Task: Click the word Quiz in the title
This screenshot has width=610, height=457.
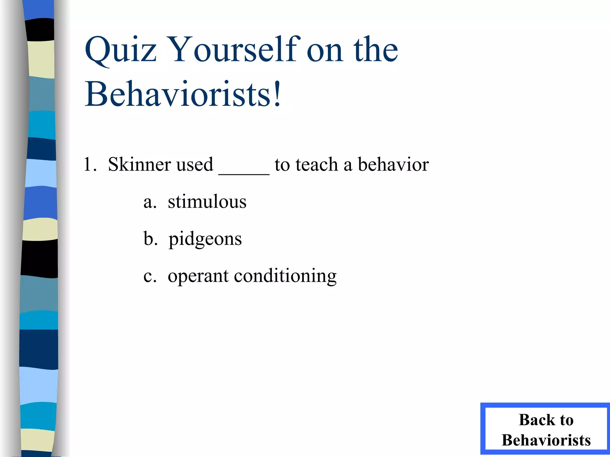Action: (120, 50)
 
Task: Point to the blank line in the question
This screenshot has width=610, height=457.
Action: (244, 173)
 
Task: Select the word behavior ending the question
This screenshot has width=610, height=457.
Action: (393, 164)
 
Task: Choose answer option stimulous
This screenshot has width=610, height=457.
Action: (207, 202)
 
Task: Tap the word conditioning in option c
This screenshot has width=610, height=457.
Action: (285, 276)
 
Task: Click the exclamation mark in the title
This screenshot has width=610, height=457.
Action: (277, 94)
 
